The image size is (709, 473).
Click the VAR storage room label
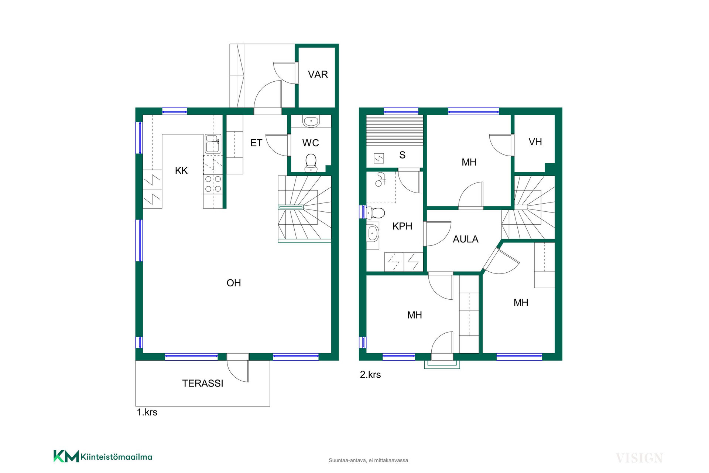[x=318, y=75]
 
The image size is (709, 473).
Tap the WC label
[x=311, y=143]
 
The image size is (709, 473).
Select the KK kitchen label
[x=181, y=171]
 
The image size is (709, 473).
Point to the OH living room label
[x=234, y=283]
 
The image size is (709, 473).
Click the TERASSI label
[x=203, y=384]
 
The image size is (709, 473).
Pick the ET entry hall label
[x=256, y=143]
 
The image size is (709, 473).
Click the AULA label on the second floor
[x=466, y=239]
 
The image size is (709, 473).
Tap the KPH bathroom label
[x=403, y=226]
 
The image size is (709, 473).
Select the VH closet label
[x=535, y=142]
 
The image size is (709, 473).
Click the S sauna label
[x=403, y=155]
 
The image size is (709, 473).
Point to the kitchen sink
[x=213, y=144]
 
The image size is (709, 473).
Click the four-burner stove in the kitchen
[x=213, y=184]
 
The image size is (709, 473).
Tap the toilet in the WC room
[x=311, y=163]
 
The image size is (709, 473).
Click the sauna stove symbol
[x=379, y=158]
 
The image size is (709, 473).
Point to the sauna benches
[x=394, y=130]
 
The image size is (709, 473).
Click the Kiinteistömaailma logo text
[x=116, y=457]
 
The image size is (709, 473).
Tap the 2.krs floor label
[x=370, y=375]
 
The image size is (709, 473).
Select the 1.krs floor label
[x=147, y=412]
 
